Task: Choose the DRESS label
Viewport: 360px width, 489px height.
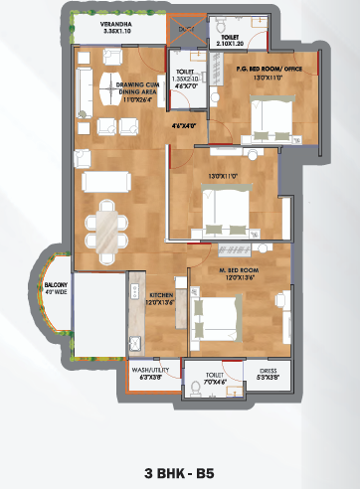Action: click(x=269, y=374)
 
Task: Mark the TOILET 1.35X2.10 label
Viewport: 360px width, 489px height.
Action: click(x=187, y=78)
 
